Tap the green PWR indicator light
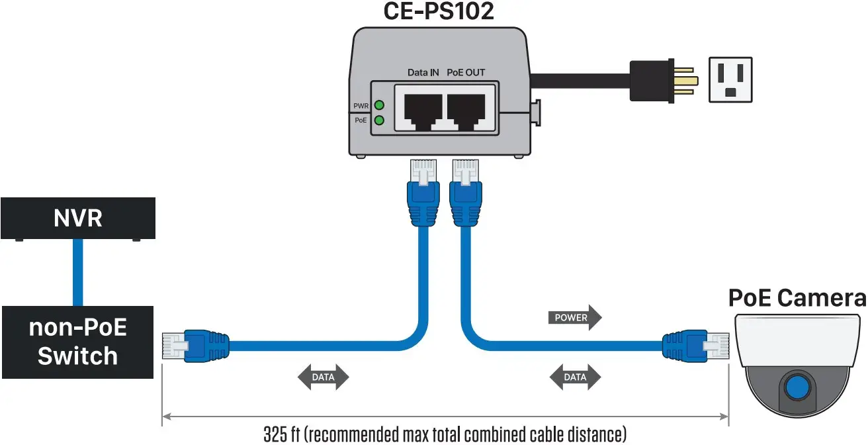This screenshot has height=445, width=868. (379, 105)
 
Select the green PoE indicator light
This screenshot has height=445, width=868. (379, 121)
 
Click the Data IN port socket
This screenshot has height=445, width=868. (419, 109)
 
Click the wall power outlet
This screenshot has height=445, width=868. (730, 79)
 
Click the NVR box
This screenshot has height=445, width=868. (78, 218)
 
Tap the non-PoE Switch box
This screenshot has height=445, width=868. (77, 342)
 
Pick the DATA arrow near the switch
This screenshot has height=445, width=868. (322, 377)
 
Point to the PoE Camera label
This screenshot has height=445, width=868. (797, 298)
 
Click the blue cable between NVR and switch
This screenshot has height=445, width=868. (78, 272)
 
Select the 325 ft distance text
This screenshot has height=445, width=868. (444, 434)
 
